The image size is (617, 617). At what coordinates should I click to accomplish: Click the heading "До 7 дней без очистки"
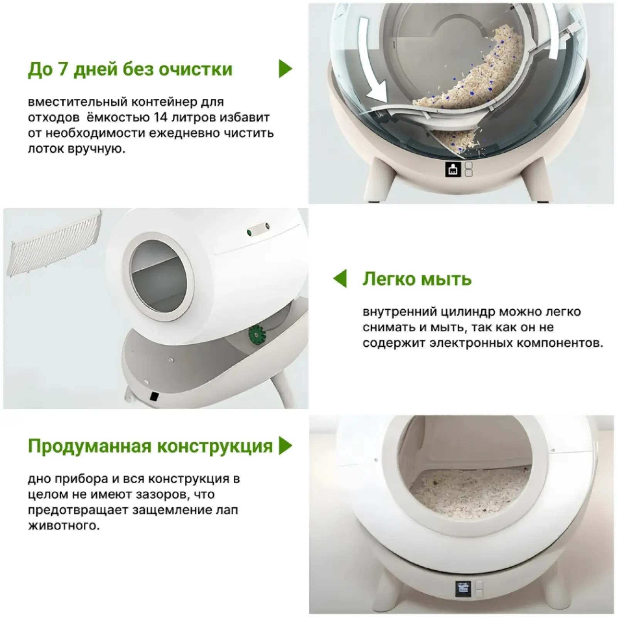130,69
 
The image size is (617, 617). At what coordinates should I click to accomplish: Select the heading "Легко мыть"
417,279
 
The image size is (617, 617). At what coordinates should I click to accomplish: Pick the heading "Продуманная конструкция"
150,447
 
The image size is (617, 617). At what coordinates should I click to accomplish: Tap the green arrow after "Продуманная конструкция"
286,446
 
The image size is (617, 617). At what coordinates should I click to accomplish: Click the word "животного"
64,526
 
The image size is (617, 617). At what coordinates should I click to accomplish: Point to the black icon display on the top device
453,169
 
